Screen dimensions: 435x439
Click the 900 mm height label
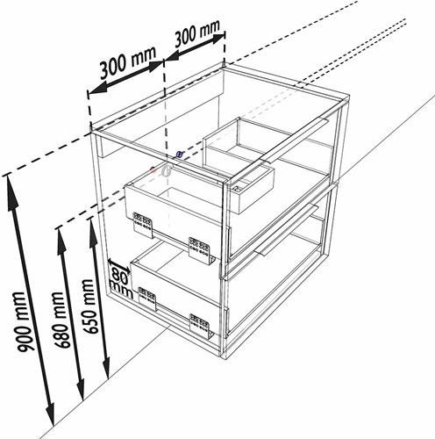[24, 322]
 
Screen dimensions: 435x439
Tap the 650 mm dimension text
[89, 306]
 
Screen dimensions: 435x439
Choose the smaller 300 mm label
[196, 32]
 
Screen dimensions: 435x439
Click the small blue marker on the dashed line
[180, 154]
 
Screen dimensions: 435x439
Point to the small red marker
[153, 169]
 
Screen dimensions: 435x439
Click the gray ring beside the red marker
[166, 170]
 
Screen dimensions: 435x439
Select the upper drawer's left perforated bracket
[143, 225]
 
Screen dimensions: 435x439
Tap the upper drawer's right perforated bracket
[200, 251]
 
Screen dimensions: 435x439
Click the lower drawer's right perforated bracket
[201, 327]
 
